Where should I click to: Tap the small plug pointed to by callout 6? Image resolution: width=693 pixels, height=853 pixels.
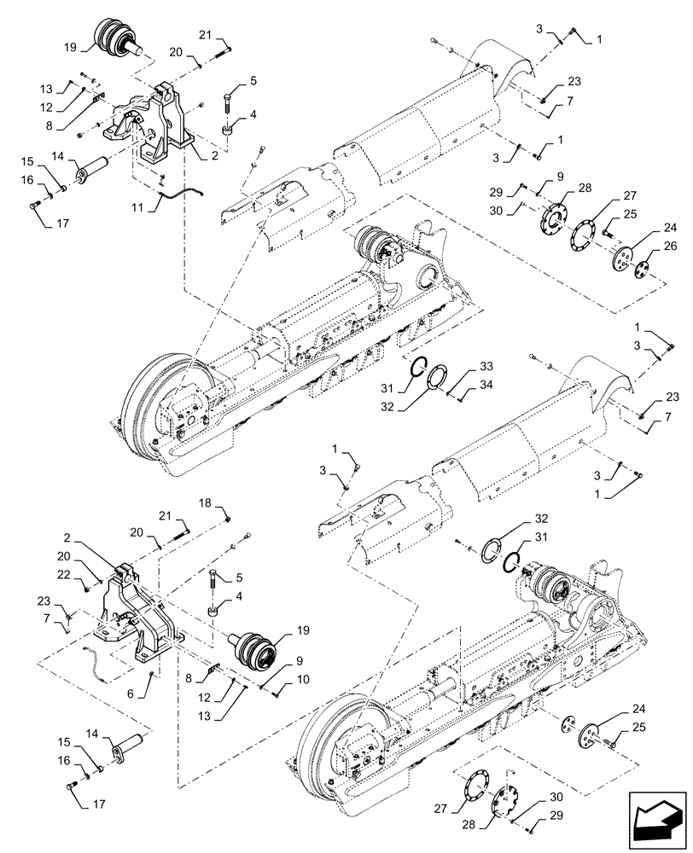(151, 676)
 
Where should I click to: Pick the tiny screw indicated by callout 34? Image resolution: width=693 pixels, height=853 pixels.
(457, 395)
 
